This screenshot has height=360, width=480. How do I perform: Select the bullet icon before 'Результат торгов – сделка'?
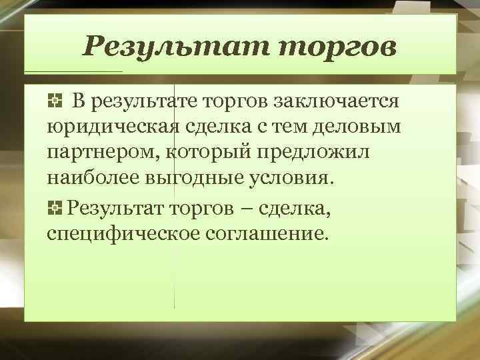[x=55, y=209]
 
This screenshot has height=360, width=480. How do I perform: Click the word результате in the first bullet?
[x=142, y=102]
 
